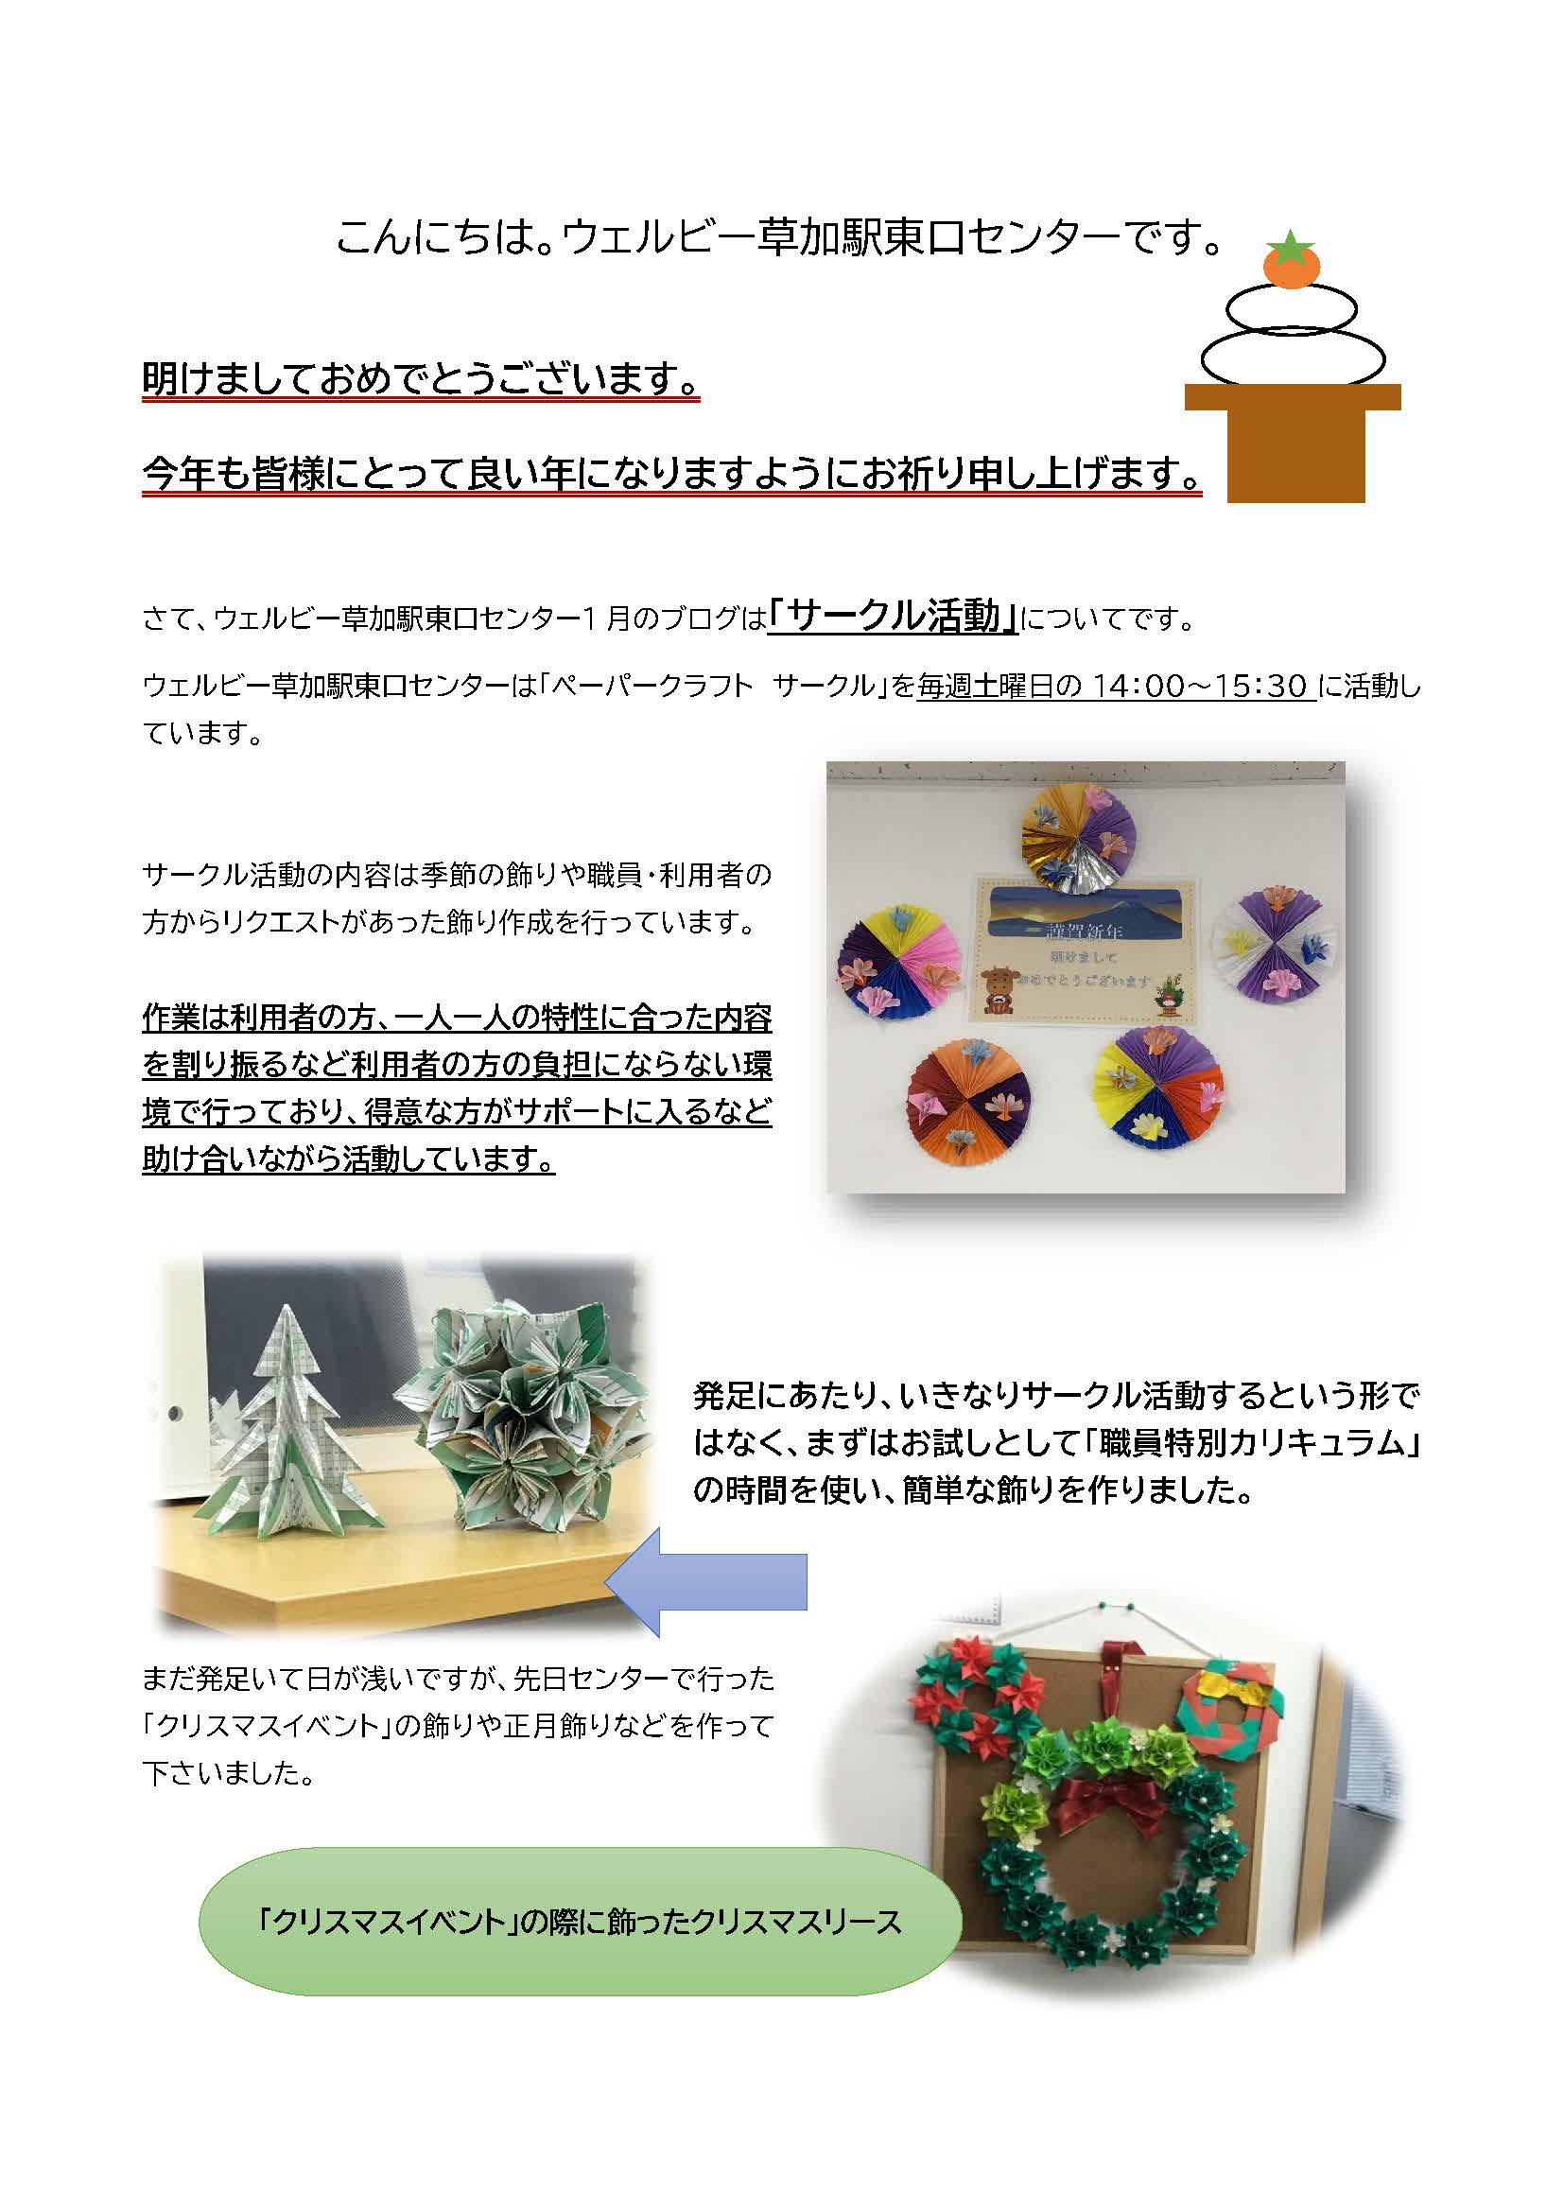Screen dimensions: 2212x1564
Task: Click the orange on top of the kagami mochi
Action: tap(1291, 265)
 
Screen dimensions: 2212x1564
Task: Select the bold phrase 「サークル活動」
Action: tap(893, 615)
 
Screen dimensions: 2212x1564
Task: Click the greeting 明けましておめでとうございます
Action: tap(420, 379)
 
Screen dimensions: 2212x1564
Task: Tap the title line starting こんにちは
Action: tap(780, 237)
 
